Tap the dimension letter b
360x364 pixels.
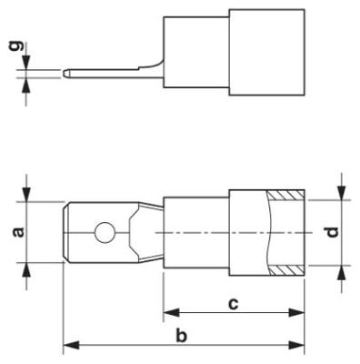tap(182, 337)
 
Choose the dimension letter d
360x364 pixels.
tap(333, 233)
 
